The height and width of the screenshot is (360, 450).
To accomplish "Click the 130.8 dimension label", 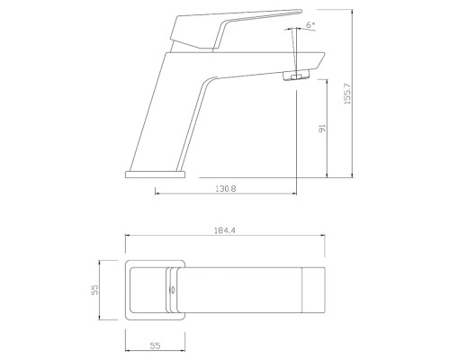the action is click(x=226, y=189).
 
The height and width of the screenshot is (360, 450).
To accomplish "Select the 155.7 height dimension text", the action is click(x=347, y=94).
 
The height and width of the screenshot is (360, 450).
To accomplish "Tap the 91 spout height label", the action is click(x=322, y=128).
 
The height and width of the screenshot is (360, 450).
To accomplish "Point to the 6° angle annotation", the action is click(x=310, y=24).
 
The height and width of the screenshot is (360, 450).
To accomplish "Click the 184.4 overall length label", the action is click(x=225, y=230).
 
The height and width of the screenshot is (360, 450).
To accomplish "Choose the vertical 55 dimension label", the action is click(x=94, y=290).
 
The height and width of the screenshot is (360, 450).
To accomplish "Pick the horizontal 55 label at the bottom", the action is click(x=155, y=346).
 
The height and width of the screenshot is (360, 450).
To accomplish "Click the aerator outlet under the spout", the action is click(x=296, y=75).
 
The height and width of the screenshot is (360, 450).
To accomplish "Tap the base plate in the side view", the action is click(x=156, y=175).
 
